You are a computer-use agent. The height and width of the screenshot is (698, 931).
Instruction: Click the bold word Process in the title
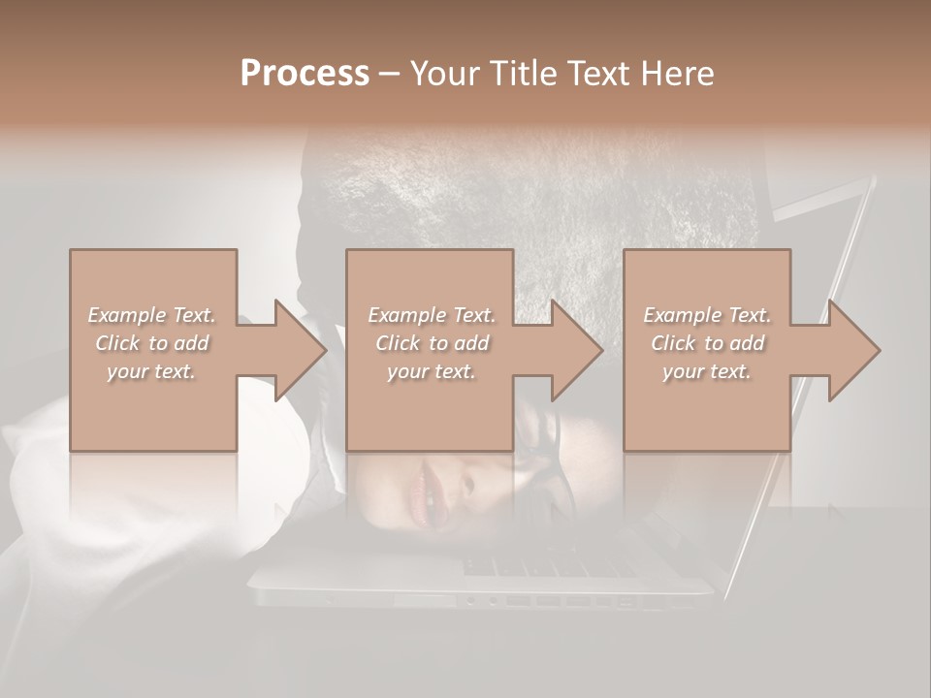[x=305, y=73]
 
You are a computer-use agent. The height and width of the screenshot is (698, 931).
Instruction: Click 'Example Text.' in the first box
[x=151, y=315]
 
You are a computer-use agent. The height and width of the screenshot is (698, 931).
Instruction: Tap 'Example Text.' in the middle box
[x=432, y=315]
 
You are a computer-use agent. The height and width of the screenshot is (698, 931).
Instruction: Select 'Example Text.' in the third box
[x=707, y=315]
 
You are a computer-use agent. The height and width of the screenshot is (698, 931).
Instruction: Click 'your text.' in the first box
[x=151, y=371]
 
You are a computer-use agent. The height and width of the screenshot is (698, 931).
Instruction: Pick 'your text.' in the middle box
[x=432, y=371]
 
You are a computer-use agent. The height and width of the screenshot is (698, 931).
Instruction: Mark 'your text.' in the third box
[x=707, y=371]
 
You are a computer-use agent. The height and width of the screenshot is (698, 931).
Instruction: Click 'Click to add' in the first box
[x=151, y=343]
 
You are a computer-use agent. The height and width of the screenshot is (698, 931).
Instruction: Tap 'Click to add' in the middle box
[x=432, y=343]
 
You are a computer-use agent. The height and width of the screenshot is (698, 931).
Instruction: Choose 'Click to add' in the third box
[x=707, y=343]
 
